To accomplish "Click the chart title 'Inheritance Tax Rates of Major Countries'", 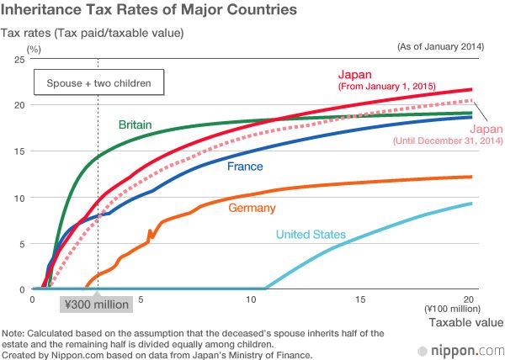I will [x=150, y=11].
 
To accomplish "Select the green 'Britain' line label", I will [x=135, y=124].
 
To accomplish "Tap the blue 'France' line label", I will [x=243, y=167].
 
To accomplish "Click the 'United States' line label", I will [x=311, y=235].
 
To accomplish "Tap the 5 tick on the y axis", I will [x=21, y=244].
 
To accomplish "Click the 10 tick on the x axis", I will [x=249, y=299].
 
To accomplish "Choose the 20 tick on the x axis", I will [x=470, y=299].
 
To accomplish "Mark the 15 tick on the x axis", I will [x=359, y=299].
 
